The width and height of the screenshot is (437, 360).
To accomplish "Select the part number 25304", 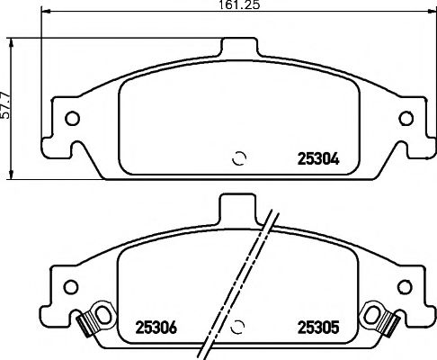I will [317, 162].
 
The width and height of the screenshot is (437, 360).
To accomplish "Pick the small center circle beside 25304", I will [238, 158].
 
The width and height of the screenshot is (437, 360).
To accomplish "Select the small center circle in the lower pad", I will [238, 326].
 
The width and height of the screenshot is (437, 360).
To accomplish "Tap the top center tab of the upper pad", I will [238, 47].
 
